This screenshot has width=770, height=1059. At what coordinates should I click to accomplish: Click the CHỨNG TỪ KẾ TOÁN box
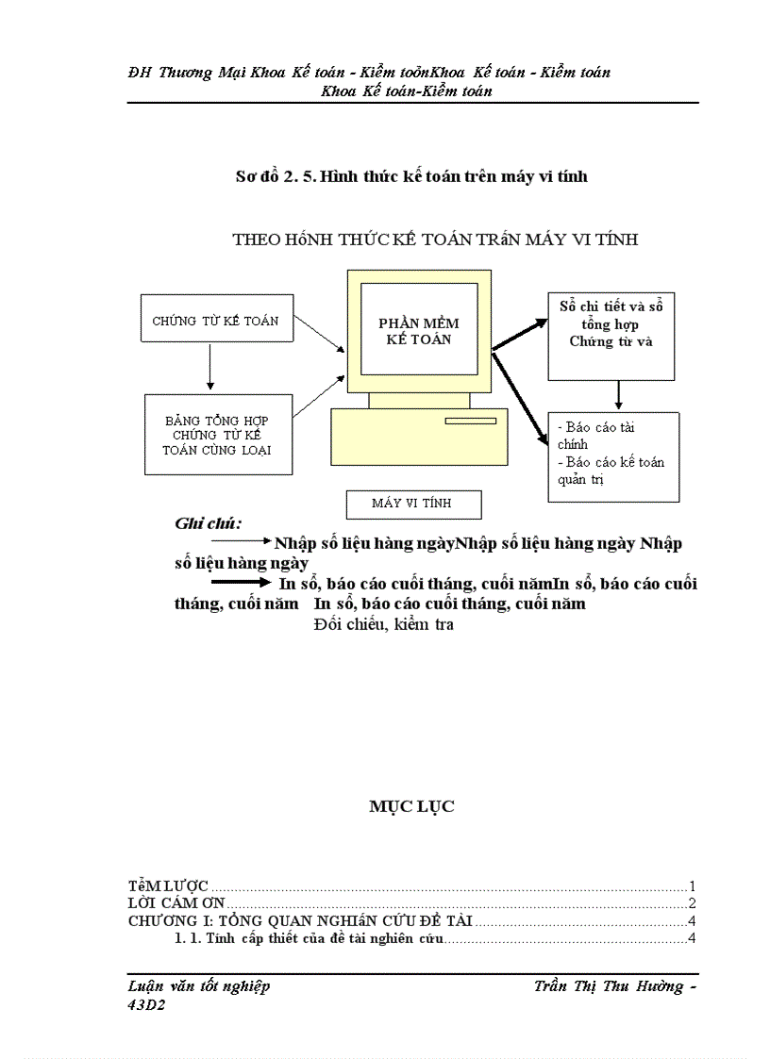point(215,321)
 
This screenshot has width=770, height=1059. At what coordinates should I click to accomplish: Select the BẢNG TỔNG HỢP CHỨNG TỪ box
point(216,435)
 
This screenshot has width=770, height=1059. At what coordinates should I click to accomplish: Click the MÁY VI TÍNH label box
point(413,504)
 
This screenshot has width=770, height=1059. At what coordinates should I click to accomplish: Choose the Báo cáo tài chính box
point(613,455)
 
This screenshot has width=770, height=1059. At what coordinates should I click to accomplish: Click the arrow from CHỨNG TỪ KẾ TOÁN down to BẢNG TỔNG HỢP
point(210,369)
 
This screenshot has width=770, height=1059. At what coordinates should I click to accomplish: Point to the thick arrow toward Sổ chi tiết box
point(520,335)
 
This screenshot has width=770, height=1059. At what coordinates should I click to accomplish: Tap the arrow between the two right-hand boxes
point(618,395)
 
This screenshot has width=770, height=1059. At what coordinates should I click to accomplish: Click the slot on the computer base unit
point(471,420)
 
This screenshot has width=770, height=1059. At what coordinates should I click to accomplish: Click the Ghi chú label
point(209,523)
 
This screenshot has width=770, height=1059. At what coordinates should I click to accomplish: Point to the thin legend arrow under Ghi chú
point(241,542)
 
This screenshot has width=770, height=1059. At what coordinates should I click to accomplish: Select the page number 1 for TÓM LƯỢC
point(692,886)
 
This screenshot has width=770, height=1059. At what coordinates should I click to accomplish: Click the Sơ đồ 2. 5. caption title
point(411,176)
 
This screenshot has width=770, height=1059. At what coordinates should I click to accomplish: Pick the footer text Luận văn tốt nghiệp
point(199,986)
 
